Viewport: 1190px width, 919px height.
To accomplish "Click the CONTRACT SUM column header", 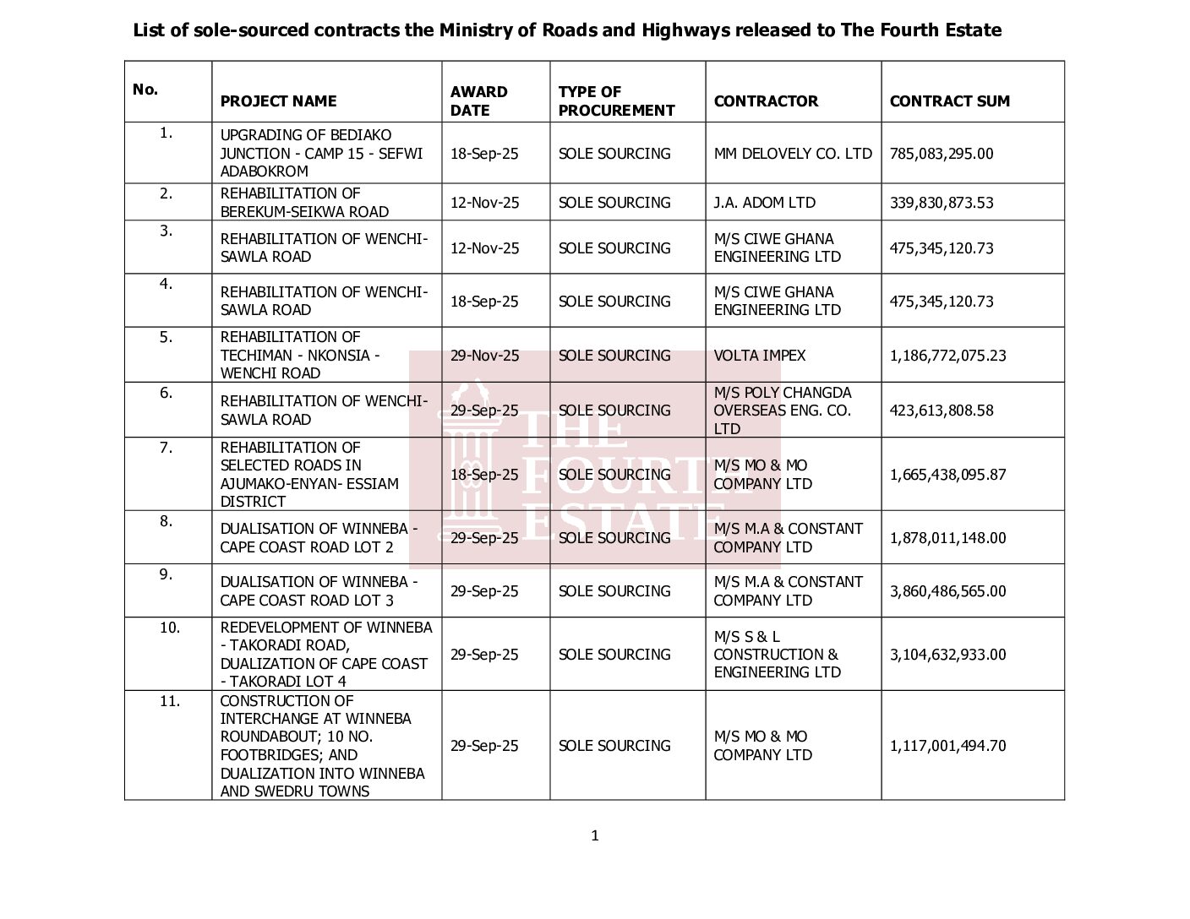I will [x=949, y=101].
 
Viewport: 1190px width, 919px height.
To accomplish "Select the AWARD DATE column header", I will [x=478, y=101].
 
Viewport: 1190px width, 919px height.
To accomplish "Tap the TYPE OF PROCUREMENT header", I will [x=616, y=101].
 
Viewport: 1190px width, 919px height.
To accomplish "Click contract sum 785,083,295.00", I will [x=942, y=154].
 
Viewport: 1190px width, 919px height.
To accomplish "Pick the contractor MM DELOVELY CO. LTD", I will [x=792, y=154].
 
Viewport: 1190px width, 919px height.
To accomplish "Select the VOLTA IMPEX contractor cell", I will [x=759, y=356].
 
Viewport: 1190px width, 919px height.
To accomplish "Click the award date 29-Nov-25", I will [x=484, y=356].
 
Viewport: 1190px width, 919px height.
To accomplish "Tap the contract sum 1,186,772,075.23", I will [x=947, y=356].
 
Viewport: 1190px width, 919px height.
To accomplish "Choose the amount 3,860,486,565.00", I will [x=947, y=591].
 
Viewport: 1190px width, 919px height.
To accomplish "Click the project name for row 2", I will [x=304, y=203].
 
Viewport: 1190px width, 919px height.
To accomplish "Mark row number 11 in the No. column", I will [x=169, y=700].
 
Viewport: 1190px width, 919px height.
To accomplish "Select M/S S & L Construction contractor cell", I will [x=777, y=655].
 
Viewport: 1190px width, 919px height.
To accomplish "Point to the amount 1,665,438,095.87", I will [x=947, y=475].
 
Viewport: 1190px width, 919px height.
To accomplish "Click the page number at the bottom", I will [x=595, y=836].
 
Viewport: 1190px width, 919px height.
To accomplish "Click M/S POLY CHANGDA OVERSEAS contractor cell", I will [x=782, y=411].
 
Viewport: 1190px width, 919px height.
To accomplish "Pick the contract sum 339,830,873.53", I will [x=942, y=203].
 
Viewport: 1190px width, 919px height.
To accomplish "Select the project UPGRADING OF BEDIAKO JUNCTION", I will [x=321, y=154].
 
